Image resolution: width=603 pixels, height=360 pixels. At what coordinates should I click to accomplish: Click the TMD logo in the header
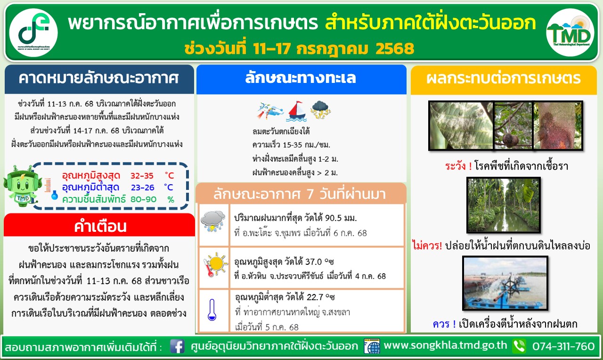click(570, 33)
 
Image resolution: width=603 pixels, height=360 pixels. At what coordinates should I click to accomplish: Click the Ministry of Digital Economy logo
click(33, 33)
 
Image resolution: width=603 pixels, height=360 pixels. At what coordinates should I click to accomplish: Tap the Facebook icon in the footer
click(177, 346)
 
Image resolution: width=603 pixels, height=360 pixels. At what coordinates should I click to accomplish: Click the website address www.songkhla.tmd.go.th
click(445, 345)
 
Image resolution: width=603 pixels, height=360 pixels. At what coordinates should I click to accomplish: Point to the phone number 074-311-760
click(563, 346)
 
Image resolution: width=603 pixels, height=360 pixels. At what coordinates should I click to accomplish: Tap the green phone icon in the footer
click(519, 346)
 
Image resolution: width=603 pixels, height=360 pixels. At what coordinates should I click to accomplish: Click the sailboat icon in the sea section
click(297, 111)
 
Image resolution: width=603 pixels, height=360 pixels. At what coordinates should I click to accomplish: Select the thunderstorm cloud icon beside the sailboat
click(320, 110)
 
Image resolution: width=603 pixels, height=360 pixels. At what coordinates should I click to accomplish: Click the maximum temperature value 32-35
click(142, 176)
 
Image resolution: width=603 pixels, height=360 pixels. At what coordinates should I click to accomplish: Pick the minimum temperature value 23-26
click(142, 188)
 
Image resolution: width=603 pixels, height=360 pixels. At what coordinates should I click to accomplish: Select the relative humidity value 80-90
click(143, 199)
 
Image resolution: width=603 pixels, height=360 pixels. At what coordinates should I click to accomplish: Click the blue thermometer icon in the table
click(212, 310)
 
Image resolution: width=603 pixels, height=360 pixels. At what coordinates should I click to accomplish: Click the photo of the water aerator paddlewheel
click(505, 283)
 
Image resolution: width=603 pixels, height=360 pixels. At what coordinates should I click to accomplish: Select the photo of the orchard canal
click(504, 205)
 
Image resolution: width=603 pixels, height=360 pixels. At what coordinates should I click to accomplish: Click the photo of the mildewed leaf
click(461, 125)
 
